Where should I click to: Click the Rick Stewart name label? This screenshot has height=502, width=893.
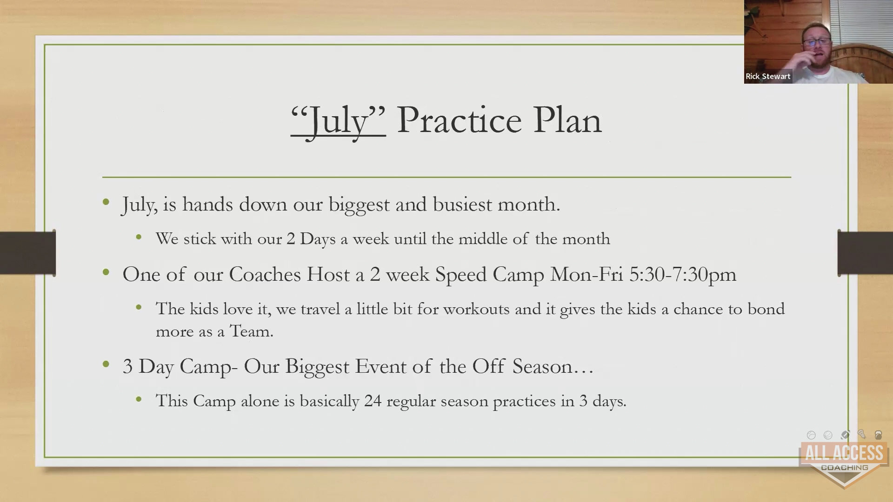coord(768,76)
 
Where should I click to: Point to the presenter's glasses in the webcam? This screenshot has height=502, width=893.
coord(816,42)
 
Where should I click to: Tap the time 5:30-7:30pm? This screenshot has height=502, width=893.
coord(683,275)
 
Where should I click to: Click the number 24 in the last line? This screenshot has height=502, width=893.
coord(373,401)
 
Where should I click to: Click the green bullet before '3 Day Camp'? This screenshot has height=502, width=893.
coord(107,364)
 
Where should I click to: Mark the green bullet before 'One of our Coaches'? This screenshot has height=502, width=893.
coord(107,272)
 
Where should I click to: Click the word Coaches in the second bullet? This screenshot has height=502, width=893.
coord(265,274)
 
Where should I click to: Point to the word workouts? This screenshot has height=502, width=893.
coord(476,309)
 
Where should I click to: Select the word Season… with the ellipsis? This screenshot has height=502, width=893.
coord(553,366)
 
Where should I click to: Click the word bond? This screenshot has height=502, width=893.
coord(766,309)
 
